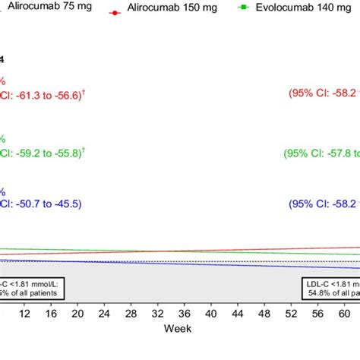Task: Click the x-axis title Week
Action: click(179, 328)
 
